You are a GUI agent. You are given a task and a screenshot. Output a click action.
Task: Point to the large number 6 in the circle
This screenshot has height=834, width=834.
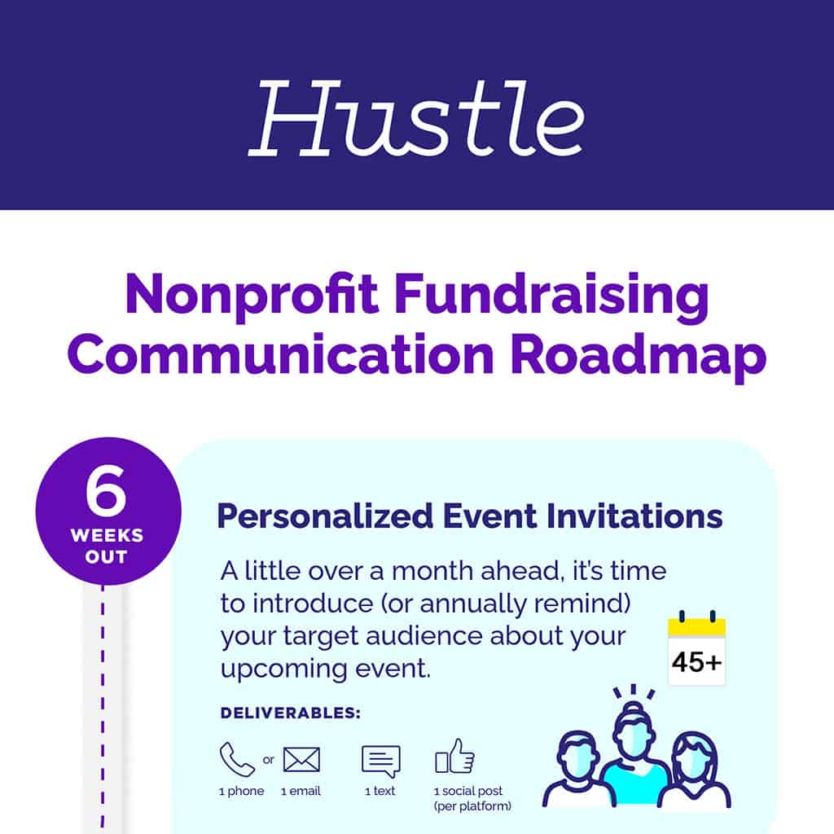click(x=107, y=494)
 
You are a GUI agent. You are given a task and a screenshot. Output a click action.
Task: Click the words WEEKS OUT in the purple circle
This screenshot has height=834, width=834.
click(x=107, y=546)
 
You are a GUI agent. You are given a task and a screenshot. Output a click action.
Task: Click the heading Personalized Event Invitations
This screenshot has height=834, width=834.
click(x=469, y=516)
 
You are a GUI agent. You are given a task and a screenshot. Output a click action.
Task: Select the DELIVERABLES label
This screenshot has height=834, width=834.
click(x=290, y=713)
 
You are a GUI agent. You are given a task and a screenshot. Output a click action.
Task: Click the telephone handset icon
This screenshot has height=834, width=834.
click(x=237, y=759)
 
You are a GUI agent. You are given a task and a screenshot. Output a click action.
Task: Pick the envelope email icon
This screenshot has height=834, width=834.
click(x=301, y=759)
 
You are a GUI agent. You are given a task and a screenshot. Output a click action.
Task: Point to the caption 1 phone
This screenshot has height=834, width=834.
click(x=241, y=791)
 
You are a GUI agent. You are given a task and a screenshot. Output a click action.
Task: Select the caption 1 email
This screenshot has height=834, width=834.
click(x=301, y=791)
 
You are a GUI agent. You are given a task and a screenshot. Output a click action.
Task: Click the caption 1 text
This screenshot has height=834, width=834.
click(x=380, y=791)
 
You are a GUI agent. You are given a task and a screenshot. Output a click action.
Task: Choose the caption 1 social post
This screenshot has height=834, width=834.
click(x=468, y=791)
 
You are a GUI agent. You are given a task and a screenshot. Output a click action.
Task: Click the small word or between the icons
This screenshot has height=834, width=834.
click(x=269, y=760)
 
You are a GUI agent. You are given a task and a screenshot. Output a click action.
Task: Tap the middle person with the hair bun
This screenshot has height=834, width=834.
click(x=636, y=745)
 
